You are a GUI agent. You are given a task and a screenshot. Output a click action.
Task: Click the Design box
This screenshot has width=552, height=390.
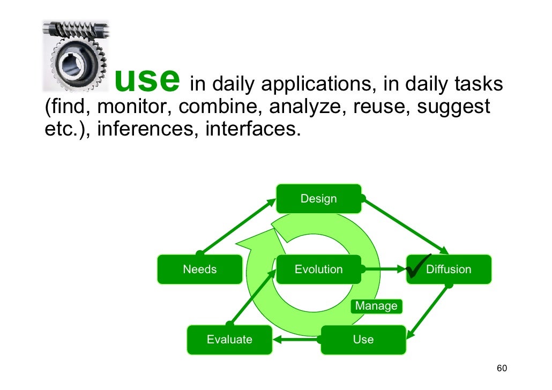coord(318,199)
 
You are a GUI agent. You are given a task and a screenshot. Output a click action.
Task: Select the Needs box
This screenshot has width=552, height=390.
coord(200,269)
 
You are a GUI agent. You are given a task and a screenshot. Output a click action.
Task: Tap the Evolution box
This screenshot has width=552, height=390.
coord(318,269)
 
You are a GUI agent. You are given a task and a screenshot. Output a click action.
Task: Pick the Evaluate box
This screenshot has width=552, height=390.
coord(229,340)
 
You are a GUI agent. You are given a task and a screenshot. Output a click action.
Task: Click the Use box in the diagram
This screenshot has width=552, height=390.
coord(363,340)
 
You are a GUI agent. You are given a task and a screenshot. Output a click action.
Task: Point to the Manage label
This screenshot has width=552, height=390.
coord(377,306)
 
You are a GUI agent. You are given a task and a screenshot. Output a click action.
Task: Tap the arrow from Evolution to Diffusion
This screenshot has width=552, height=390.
coord(383,269)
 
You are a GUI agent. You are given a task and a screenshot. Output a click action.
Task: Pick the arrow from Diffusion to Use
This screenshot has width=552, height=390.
coord(429,311)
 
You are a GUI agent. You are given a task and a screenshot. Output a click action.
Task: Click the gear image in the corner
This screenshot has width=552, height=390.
coord(76,56)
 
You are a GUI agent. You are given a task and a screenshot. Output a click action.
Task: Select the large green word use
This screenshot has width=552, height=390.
coord(146,80)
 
